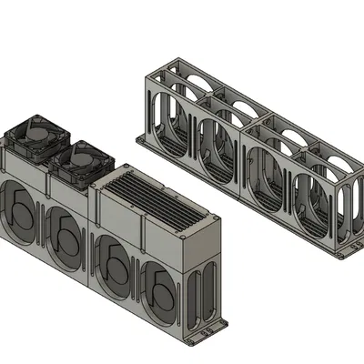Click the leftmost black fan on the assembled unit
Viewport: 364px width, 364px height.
(x=36, y=136)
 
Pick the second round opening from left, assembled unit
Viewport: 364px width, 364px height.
(x=66, y=236)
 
